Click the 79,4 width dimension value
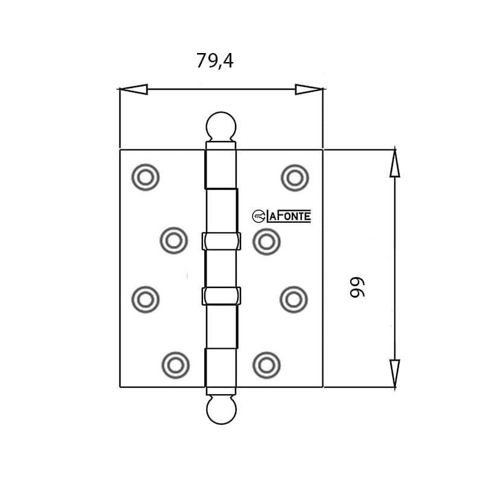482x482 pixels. [x=214, y=61]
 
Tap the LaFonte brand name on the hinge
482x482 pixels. [x=289, y=216]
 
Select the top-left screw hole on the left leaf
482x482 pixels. [x=145, y=178]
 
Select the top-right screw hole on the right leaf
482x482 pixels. [x=295, y=178]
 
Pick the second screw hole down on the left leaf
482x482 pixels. [x=174, y=240]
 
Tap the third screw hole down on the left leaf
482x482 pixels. [x=145, y=298]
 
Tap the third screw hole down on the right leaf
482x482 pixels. [x=294, y=298]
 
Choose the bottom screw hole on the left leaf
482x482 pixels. [x=175, y=364]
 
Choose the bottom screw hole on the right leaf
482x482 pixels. [x=266, y=364]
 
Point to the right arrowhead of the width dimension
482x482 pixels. [x=309, y=90]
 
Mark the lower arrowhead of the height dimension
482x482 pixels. [x=395, y=373]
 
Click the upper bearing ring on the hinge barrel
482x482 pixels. [x=221, y=242]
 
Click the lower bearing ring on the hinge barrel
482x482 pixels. [x=221, y=296]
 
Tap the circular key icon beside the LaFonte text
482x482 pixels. [x=258, y=216]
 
